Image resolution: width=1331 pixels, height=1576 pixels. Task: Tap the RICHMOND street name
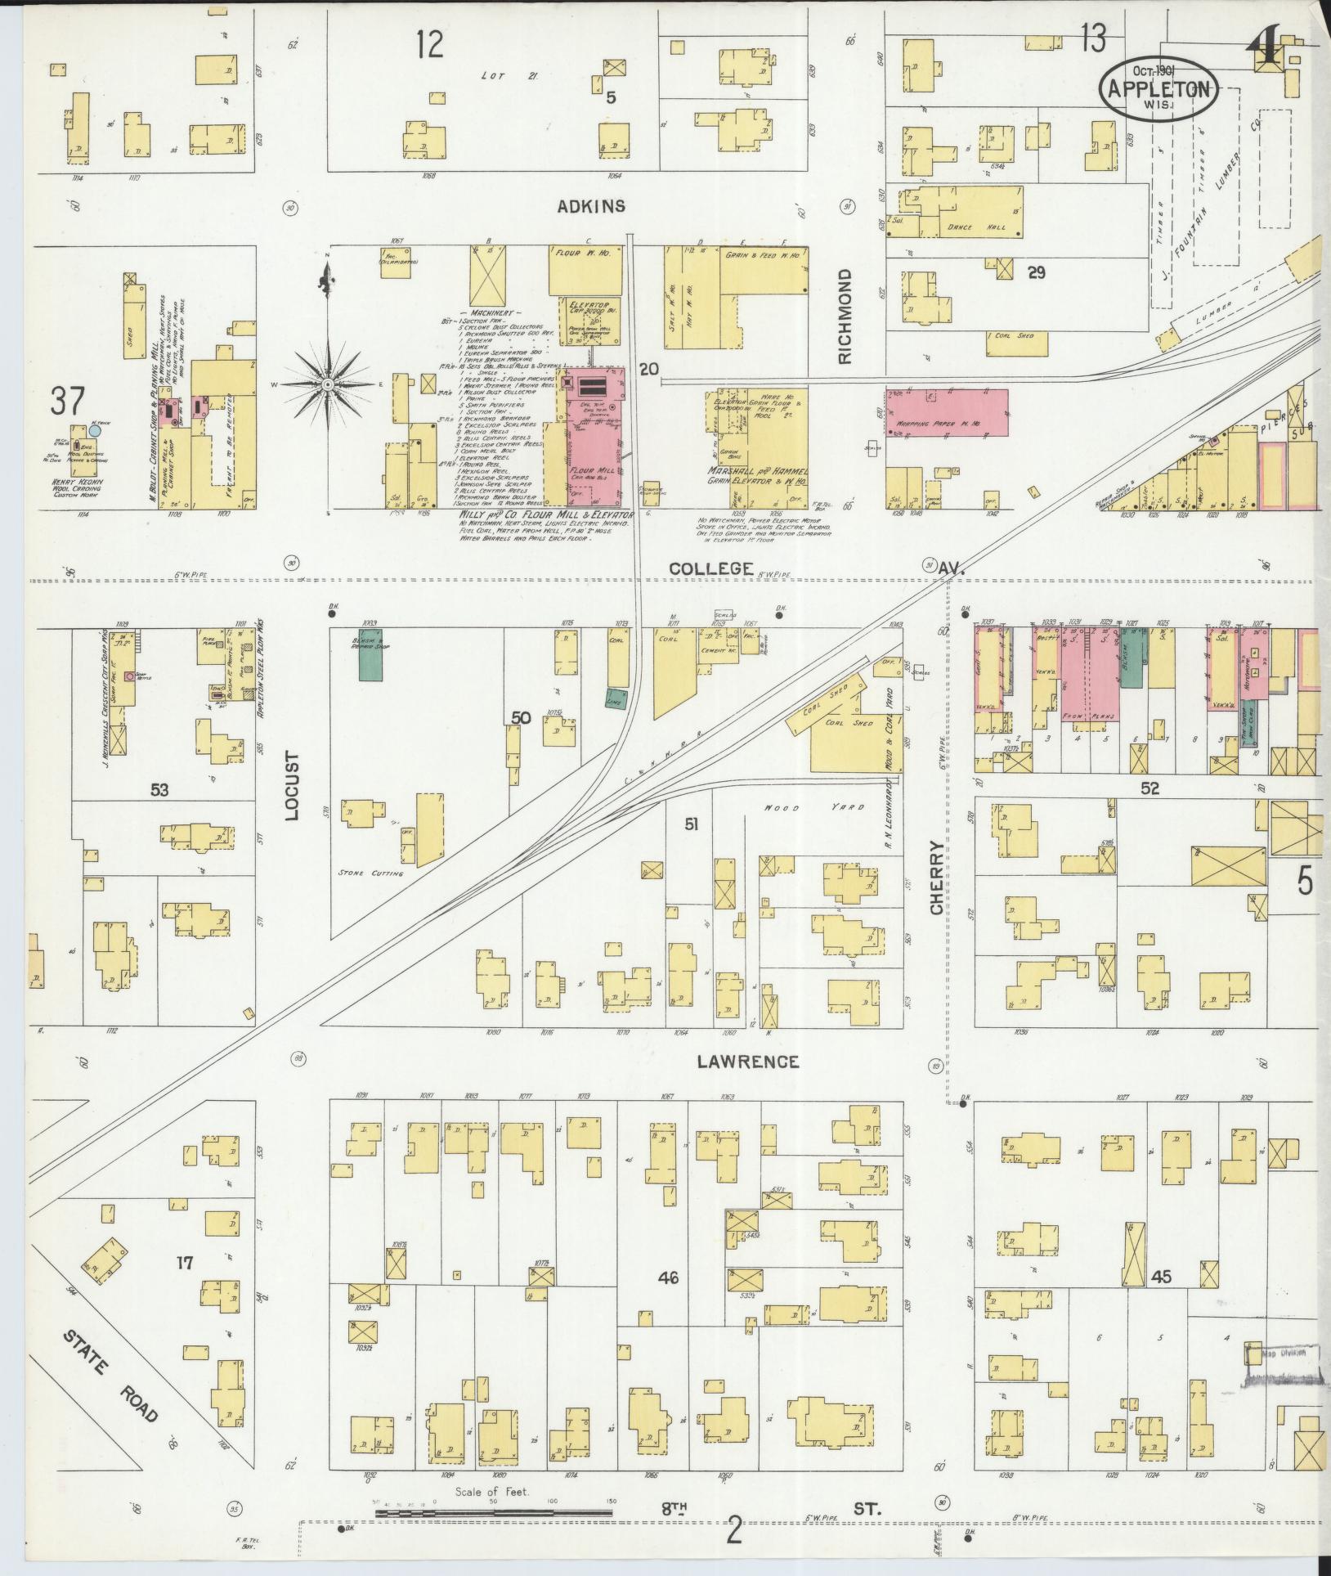tap(845, 316)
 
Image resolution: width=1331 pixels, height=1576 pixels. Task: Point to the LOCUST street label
tap(294, 785)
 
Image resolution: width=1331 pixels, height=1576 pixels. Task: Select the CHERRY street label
tap(937, 878)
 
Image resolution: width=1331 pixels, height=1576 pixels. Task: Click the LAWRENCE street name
tap(747, 1062)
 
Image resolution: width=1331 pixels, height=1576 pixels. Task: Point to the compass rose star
tap(327, 383)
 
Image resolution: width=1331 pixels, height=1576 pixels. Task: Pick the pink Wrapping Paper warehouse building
tap(947, 413)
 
